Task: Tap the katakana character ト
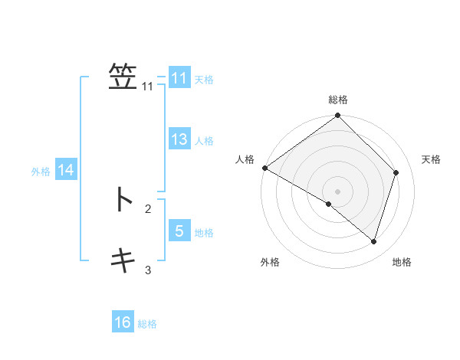pos(123,199)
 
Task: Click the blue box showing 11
pos(179,78)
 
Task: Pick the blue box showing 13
pos(179,139)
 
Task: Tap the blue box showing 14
pos(65,170)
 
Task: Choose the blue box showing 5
pos(179,231)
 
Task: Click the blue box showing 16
pos(123,322)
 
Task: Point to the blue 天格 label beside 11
pos(204,80)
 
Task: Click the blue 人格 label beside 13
pos(204,141)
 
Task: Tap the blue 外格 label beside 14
pos(41,172)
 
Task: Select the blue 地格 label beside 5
pos(204,232)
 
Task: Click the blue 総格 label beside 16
pos(147,324)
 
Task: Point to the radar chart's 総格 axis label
pos(338,100)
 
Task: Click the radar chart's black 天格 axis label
pos(432,159)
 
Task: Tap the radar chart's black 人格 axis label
pos(245,159)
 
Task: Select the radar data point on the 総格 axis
pos(338,116)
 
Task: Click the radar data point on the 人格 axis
pos(264,168)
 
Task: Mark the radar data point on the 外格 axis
pos(329,204)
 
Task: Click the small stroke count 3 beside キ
pos(148,270)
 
